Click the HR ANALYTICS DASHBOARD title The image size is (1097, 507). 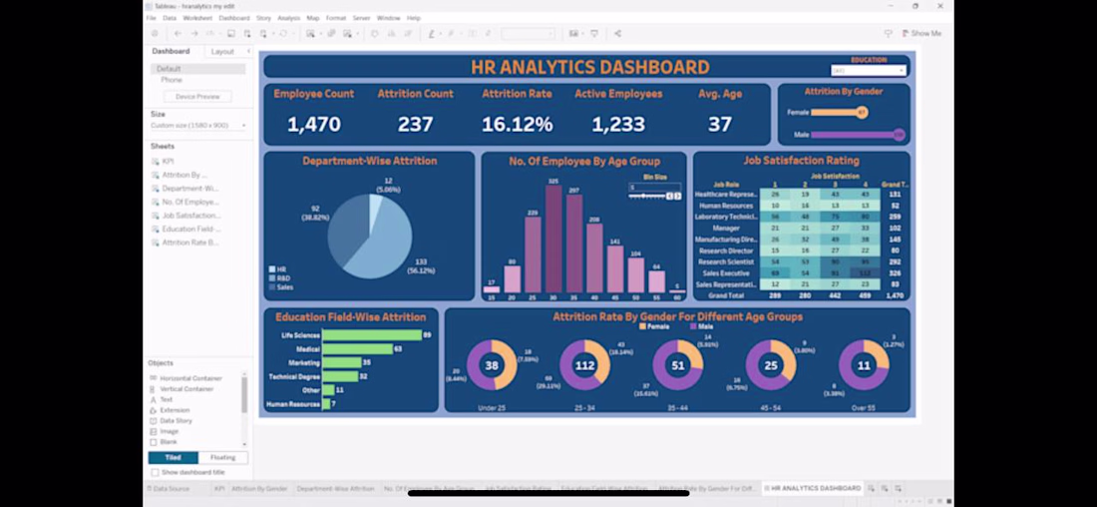(x=589, y=68)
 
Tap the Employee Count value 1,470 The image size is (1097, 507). (x=314, y=125)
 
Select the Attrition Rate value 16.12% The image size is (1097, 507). (x=517, y=125)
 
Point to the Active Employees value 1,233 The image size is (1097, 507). (x=618, y=125)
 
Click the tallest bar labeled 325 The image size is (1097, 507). (x=553, y=240)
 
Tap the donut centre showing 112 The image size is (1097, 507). (x=585, y=365)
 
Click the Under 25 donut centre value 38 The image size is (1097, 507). (x=492, y=365)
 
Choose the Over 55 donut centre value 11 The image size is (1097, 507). (x=864, y=365)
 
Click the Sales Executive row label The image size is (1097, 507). (x=727, y=271)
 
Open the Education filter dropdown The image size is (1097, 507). (x=869, y=71)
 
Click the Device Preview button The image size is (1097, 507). (x=197, y=97)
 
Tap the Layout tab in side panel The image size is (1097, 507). (x=222, y=52)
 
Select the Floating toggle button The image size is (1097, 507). (x=223, y=457)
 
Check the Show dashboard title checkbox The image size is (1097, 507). (x=155, y=472)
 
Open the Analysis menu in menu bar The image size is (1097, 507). (x=288, y=18)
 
